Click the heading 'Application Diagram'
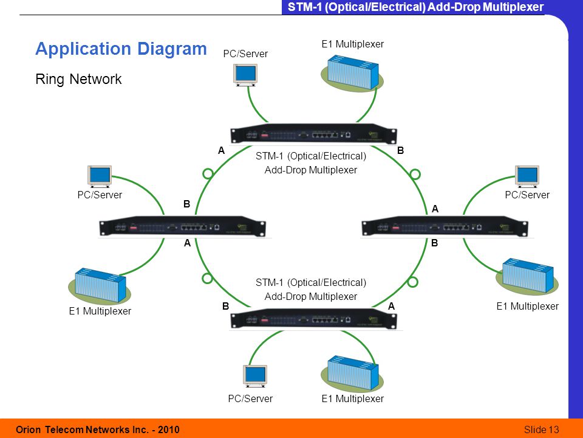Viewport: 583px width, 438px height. coord(121,49)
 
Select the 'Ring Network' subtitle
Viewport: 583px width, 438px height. coord(78,79)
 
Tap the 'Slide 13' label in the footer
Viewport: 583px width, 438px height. coord(541,429)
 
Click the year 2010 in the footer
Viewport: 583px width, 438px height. coord(168,429)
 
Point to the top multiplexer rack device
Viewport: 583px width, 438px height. coord(313,134)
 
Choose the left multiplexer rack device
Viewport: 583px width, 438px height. coord(183,226)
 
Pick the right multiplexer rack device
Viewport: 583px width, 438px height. coord(445,226)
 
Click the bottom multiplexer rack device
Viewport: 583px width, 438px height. coord(313,319)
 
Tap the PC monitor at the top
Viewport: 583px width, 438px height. coord(245,75)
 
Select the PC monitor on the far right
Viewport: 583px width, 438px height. coord(527,176)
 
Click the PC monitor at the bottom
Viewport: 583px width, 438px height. coord(255,376)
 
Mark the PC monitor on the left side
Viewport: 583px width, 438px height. coord(100,176)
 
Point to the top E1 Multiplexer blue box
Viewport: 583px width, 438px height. coord(353,72)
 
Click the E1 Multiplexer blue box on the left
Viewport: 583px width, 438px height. coord(100,285)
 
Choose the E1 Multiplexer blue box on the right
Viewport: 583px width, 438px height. coord(528,275)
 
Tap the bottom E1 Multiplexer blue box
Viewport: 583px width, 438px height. coord(353,374)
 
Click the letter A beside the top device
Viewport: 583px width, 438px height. coord(222,150)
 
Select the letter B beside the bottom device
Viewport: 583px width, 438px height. coord(226,306)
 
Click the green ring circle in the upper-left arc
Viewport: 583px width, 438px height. coord(208,173)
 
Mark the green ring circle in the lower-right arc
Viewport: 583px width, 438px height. coord(412,282)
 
